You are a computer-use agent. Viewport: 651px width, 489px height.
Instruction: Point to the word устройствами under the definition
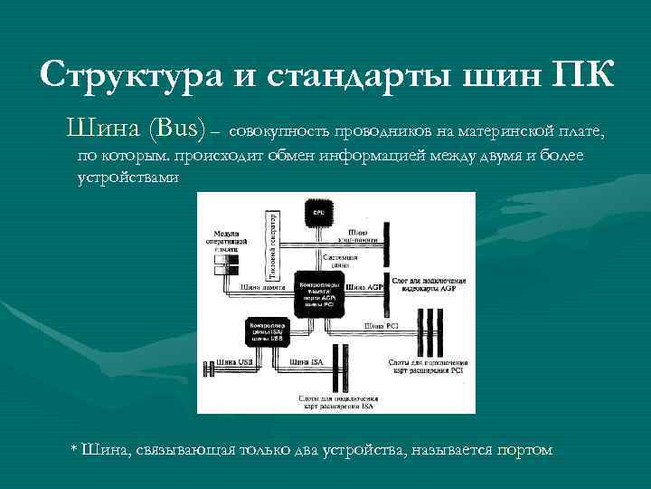click(129, 177)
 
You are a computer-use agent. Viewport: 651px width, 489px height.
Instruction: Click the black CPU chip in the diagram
click(317, 213)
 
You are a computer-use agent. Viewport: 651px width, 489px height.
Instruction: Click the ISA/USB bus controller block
click(264, 332)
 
